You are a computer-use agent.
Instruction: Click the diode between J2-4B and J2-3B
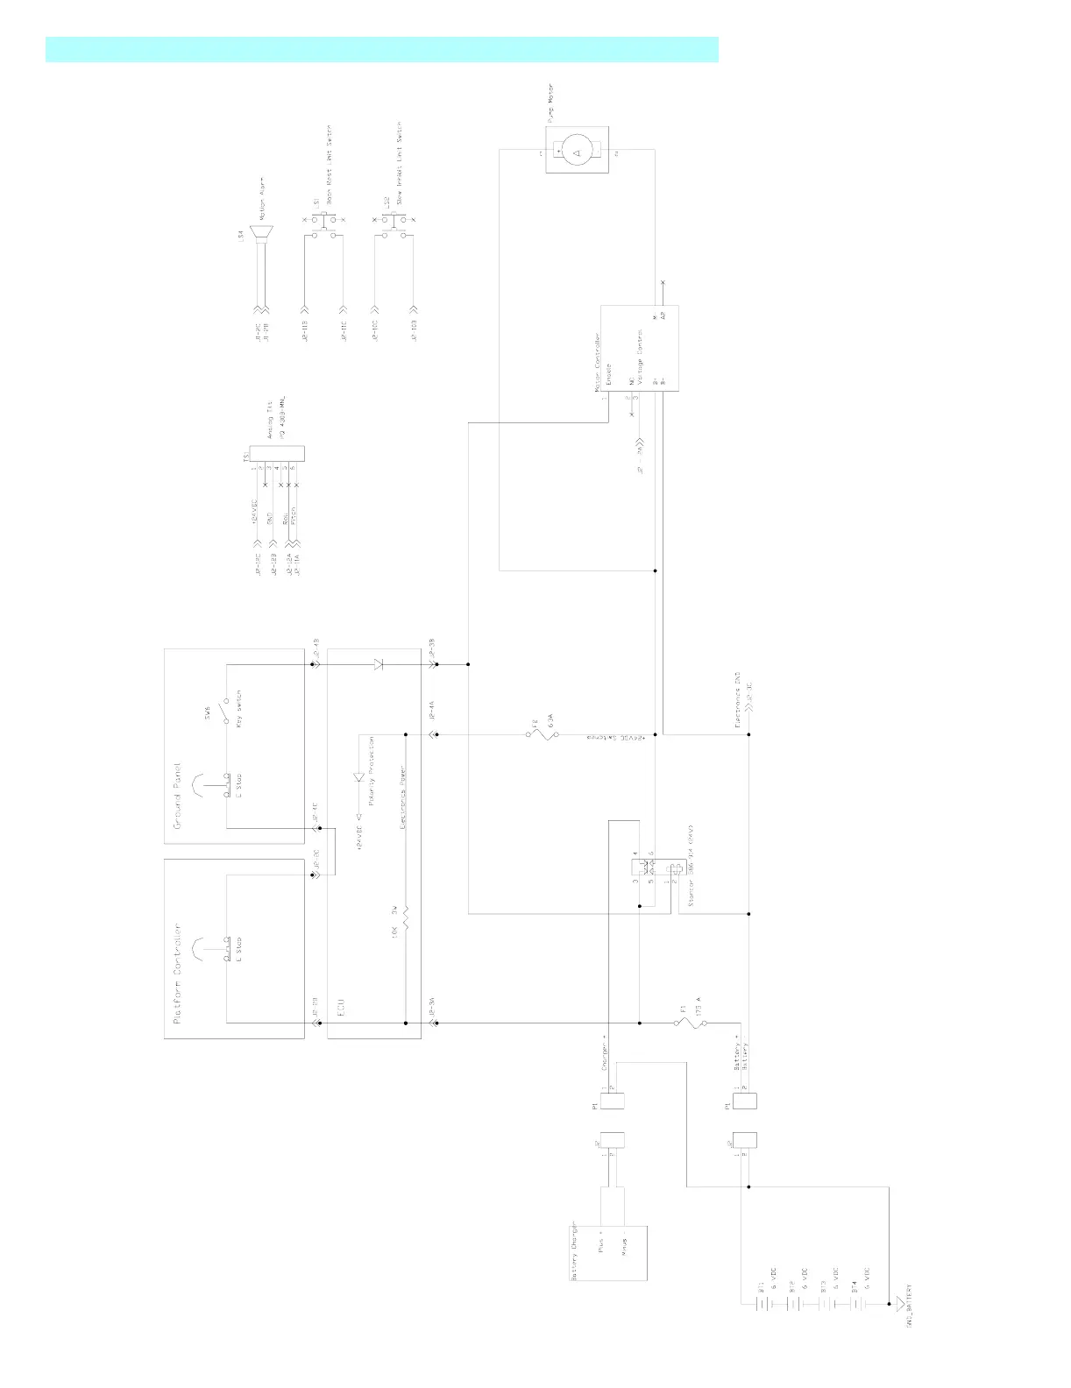(x=379, y=664)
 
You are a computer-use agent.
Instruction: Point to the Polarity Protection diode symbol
(x=358, y=777)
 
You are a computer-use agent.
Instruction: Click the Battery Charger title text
(x=575, y=1250)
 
